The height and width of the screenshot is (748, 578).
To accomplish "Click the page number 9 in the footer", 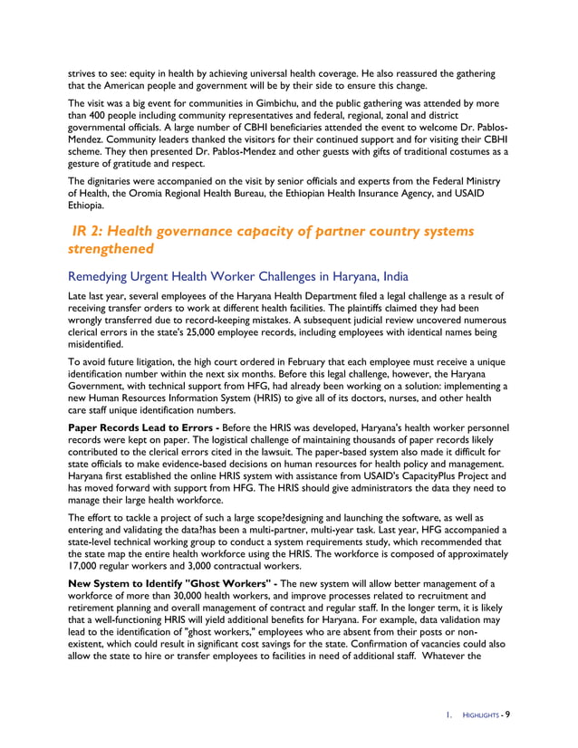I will (x=507, y=714).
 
